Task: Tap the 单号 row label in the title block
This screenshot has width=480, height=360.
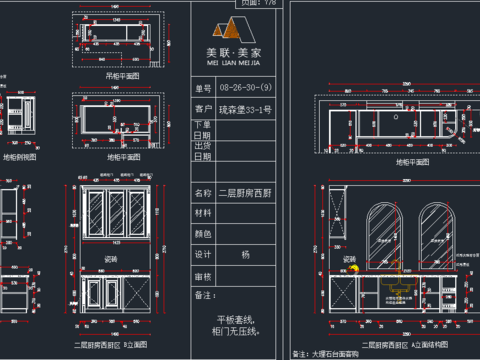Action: [203, 88]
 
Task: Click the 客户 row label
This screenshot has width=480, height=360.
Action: [203, 109]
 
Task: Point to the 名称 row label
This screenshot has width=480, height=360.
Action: [203, 192]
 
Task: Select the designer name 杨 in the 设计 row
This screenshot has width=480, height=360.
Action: [245, 254]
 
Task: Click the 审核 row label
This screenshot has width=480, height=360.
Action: [203, 275]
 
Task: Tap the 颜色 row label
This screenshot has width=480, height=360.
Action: [203, 233]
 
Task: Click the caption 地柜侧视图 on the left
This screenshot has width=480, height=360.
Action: [20, 157]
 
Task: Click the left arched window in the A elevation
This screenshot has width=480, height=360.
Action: [384, 233]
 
